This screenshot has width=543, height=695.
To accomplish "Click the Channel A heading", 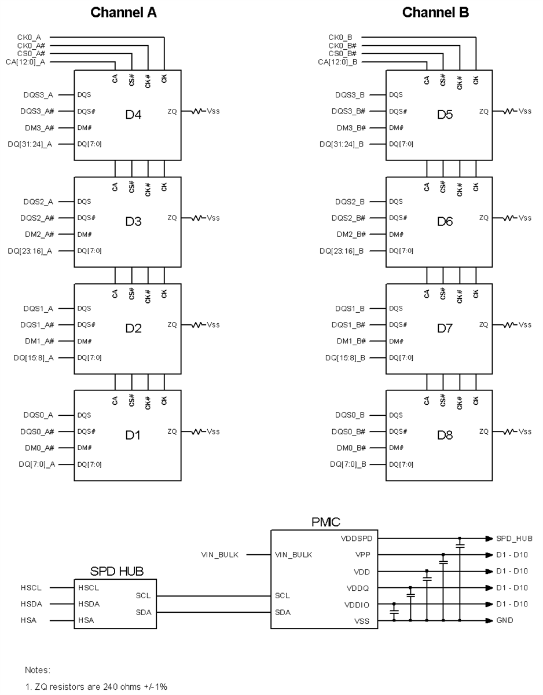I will (x=123, y=12).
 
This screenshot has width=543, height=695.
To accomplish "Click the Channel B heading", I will (x=435, y=12).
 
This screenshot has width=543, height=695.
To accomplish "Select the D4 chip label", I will (x=134, y=115).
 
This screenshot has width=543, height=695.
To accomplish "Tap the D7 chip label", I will (x=445, y=328).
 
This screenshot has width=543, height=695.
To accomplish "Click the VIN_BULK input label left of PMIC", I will (x=220, y=555).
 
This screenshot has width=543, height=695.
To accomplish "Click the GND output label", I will (x=504, y=620).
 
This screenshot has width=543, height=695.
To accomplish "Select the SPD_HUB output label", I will (x=514, y=538).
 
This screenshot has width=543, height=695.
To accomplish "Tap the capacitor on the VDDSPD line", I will (x=460, y=545).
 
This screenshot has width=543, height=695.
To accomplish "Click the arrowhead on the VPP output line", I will (x=489, y=555).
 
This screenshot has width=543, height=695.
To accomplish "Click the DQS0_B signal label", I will (x=350, y=415).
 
